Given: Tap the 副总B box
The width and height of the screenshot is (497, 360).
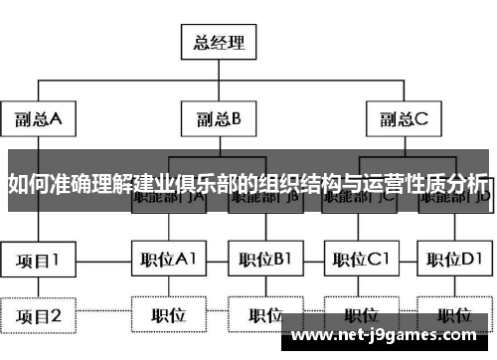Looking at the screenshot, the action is [219, 120].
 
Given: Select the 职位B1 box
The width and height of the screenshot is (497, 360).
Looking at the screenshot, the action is [263, 261].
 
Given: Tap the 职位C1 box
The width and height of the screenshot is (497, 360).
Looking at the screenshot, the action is [359, 261].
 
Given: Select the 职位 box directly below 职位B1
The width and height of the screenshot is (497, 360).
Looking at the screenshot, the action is [263, 316].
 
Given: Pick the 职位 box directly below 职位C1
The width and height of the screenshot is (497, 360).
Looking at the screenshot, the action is [359, 316].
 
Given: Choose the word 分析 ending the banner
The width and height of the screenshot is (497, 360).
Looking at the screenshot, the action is [468, 184].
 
